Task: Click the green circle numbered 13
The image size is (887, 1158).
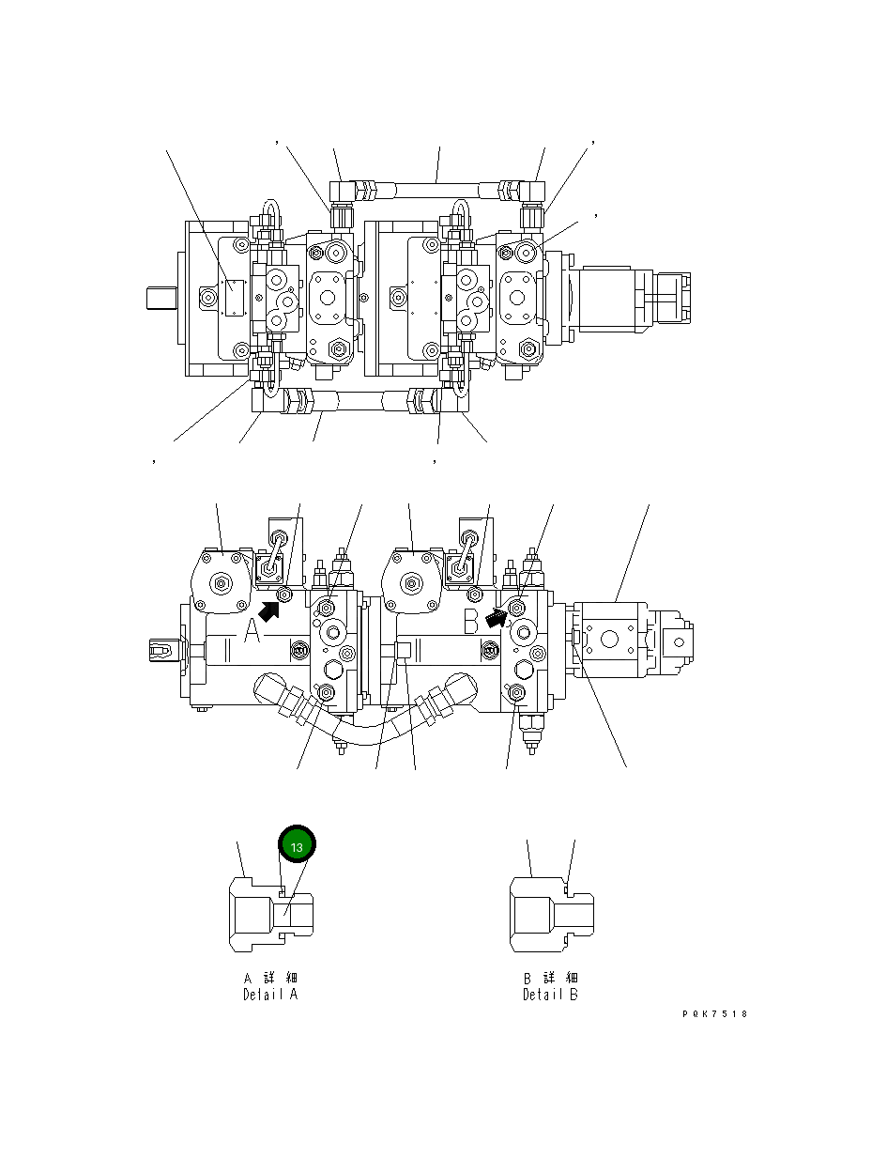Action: coord(297,846)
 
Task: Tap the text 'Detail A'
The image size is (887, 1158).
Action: coord(270,995)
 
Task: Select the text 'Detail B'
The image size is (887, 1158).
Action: coord(550,995)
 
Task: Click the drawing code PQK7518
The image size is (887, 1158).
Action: coord(715,1014)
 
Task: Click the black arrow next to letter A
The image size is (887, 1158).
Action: coord(268,611)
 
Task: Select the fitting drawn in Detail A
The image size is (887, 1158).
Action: coord(271,913)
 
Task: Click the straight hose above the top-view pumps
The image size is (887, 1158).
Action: coord(437,190)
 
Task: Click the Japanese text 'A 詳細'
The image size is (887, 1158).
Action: coord(270,979)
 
